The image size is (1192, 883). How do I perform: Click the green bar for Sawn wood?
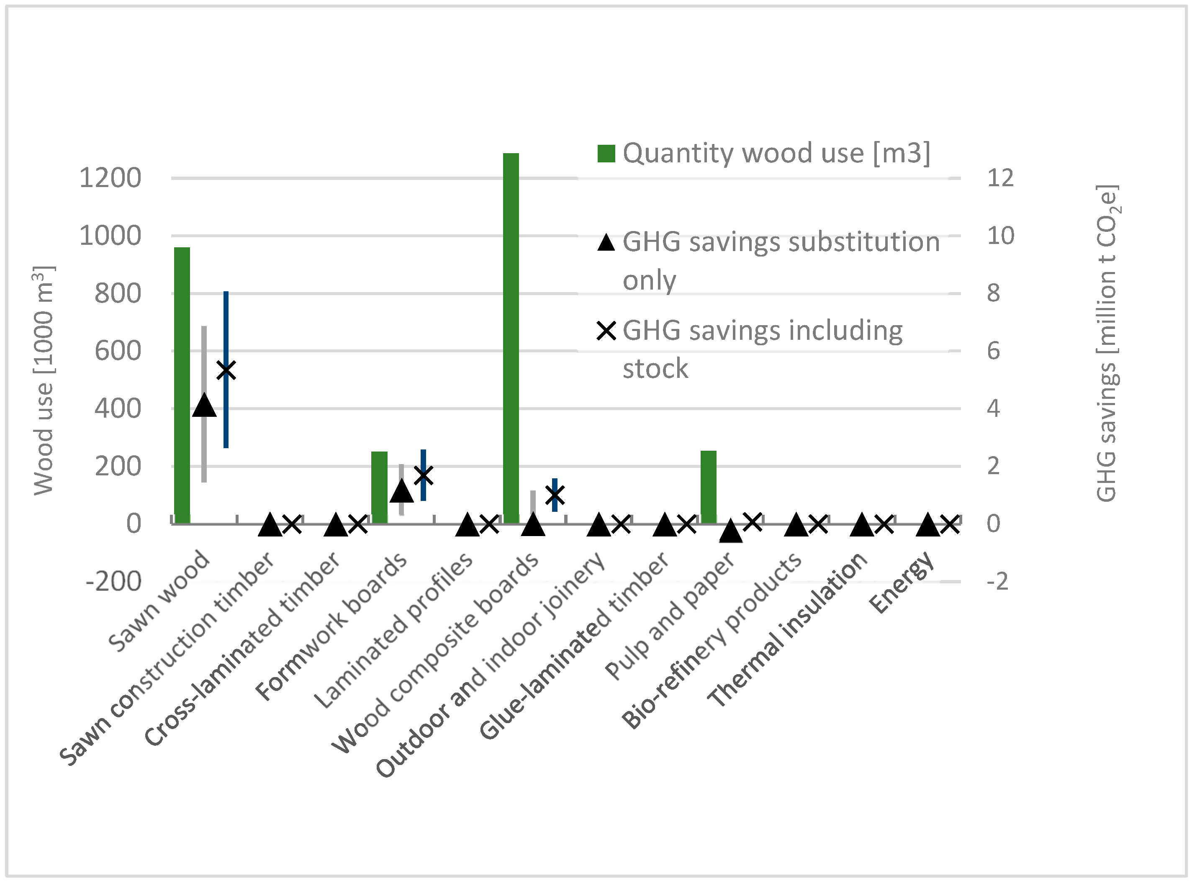coord(182,385)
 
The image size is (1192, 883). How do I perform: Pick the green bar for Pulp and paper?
coord(708,486)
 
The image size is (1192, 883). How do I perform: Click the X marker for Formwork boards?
coord(423,475)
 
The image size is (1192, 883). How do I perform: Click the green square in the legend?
coord(606,154)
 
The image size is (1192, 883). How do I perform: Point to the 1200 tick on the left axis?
coord(110,178)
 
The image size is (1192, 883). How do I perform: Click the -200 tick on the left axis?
coord(113,581)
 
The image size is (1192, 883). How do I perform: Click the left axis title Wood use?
coord(44,380)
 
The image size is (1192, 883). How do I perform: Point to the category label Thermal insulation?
coord(787,631)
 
